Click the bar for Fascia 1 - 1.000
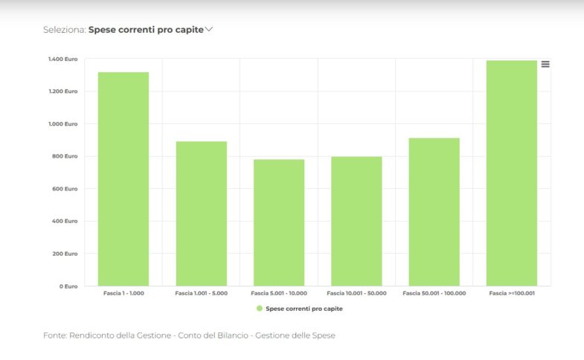(x=123, y=179)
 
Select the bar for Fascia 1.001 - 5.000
(x=201, y=213)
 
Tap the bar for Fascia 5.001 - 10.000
(x=279, y=222)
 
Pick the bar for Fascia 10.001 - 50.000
(x=356, y=221)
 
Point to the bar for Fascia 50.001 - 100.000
(x=434, y=212)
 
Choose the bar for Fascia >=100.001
(x=512, y=173)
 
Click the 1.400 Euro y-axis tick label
(x=63, y=59)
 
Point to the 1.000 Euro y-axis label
(x=63, y=123)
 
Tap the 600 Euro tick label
(x=65, y=189)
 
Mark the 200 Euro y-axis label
(x=65, y=254)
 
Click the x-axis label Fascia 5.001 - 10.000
(x=279, y=294)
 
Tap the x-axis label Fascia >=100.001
(x=512, y=294)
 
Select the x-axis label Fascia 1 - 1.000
(x=123, y=294)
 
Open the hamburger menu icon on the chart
(x=545, y=64)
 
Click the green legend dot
(x=259, y=308)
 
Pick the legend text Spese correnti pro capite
(x=304, y=308)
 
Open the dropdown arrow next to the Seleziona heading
(x=209, y=30)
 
